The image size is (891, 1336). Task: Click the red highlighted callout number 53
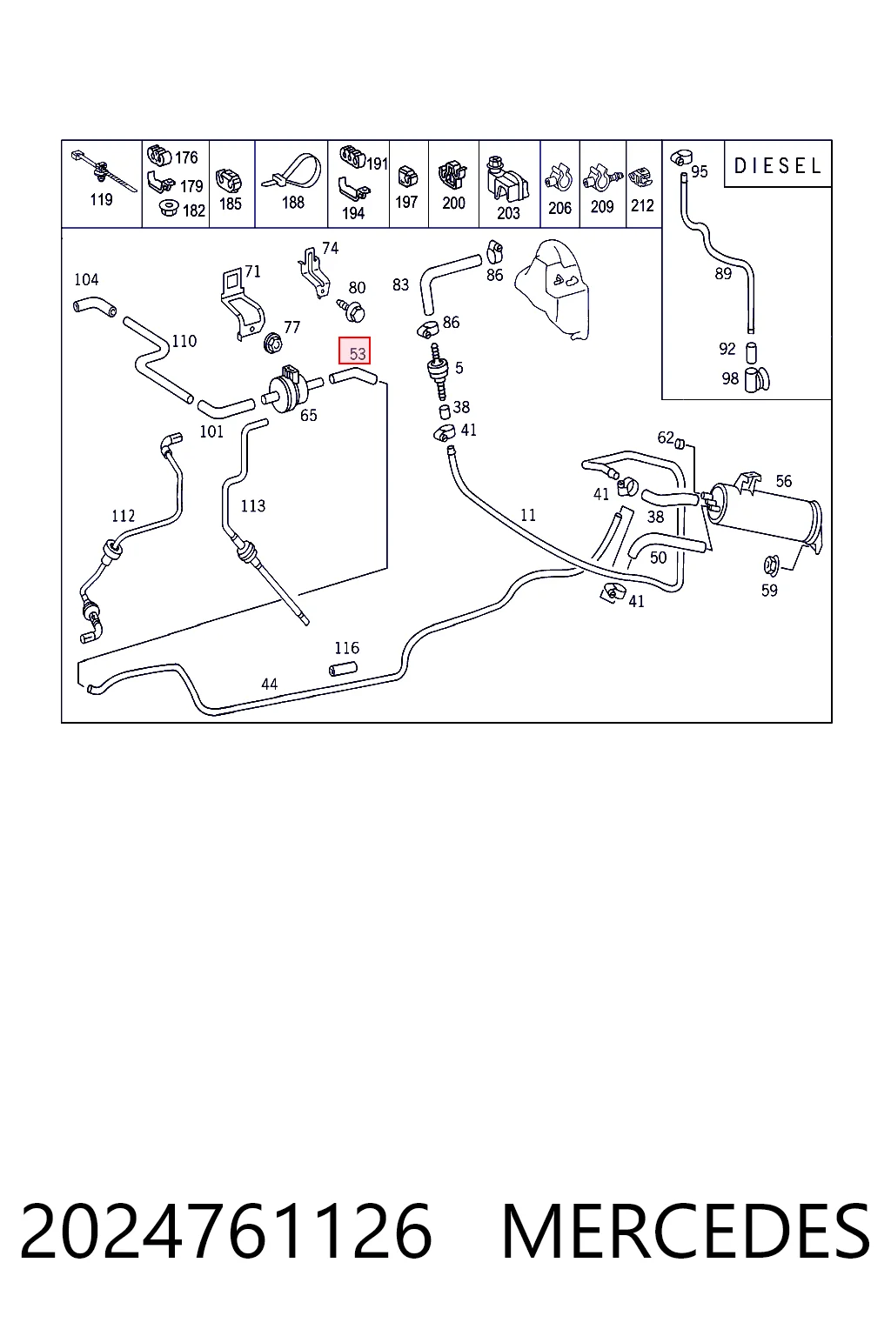354,351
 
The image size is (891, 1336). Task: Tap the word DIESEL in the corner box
778,166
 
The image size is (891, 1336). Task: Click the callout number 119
101,200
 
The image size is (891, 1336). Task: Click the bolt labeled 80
352,311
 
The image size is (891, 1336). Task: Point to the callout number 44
269,685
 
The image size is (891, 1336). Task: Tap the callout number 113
252,506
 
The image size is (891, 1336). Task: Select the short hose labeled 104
95,304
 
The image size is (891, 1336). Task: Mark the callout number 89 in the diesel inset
723,274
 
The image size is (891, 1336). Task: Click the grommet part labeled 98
757,379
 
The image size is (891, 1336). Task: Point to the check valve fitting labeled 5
438,371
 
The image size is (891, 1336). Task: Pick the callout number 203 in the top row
508,213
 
